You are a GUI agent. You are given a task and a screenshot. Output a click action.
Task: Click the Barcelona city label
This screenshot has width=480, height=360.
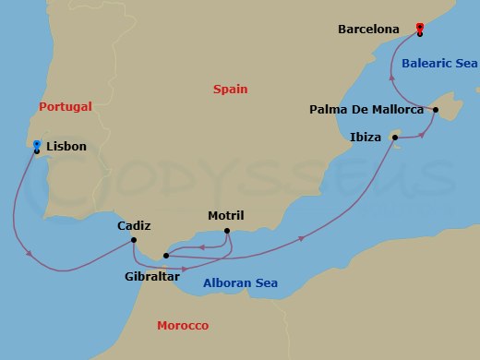coord(368,30)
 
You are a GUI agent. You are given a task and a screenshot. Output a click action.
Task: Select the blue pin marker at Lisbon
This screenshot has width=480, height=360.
coord(36,144)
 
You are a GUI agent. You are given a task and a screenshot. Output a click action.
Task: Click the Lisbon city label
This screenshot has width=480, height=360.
coord(66,147)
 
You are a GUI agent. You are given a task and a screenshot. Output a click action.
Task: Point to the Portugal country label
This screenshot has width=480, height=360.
coord(66,107)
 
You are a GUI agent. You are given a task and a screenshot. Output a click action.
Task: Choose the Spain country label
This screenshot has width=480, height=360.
coord(231,90)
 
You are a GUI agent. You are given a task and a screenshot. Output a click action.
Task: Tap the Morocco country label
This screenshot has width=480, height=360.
coord(183,326)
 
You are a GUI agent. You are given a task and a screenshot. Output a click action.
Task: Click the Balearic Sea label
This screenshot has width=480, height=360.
coord(439,64)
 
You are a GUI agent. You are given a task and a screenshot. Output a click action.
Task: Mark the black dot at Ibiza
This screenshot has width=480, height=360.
coord(395,138)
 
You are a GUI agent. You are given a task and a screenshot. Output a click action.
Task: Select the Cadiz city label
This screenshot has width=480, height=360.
coord(134,225)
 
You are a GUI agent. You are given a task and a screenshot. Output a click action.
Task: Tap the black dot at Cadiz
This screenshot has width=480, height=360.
coord(135,241)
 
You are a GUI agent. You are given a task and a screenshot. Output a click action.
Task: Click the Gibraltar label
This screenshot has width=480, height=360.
coord(152,274)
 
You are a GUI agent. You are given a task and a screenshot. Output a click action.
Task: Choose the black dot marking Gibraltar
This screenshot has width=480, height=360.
coord(165,255)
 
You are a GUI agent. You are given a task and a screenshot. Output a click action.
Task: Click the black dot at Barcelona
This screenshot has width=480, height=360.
coord(420,34)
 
